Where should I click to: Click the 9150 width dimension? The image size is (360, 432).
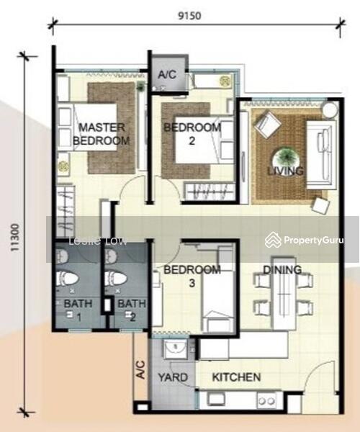pos(189,16)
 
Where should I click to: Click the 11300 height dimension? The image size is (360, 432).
pos(15,238)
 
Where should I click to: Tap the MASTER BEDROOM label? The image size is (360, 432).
pos(102,134)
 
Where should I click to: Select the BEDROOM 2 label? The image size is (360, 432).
pos(192,134)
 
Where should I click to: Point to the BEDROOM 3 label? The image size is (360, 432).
pos(192,276)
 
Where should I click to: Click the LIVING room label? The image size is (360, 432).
pos(286,171)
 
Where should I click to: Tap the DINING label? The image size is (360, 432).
pos(282,270)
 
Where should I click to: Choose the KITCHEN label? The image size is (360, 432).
pos(236,377)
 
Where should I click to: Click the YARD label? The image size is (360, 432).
pos(173,377)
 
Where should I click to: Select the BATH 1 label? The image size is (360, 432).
pos(78,310)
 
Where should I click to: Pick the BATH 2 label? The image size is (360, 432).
pos(132,310)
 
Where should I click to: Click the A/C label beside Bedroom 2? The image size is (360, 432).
pos(167,75)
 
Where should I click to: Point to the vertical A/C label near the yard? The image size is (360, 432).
pos(140,369)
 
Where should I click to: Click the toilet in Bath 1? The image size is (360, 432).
pos(67,278)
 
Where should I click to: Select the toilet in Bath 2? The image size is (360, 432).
pos(115,278)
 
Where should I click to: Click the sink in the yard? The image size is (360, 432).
pos(176,348)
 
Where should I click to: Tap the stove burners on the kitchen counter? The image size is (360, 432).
pos(266,400)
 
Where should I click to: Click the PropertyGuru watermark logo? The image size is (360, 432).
pos(304,240)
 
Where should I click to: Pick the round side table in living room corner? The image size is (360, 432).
pos(330,110)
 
